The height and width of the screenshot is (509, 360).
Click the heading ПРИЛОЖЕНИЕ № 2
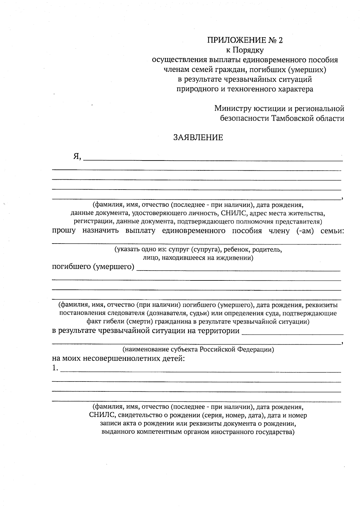point(245,40)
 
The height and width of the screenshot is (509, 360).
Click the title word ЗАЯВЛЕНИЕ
point(198,138)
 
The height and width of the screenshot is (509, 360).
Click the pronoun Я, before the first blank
point(77,157)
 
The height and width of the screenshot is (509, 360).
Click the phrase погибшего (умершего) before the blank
point(93,266)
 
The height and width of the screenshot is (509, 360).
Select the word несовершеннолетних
point(121,358)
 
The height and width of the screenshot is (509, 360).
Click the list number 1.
point(55,368)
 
